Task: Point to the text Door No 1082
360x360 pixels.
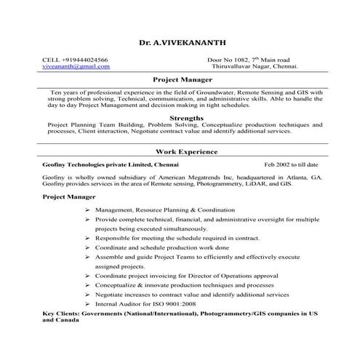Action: tap(228, 59)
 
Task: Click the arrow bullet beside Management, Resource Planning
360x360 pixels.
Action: tap(87, 209)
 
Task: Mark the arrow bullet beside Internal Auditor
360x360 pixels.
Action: tap(87, 305)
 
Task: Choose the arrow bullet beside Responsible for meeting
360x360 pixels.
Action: tap(87, 238)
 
